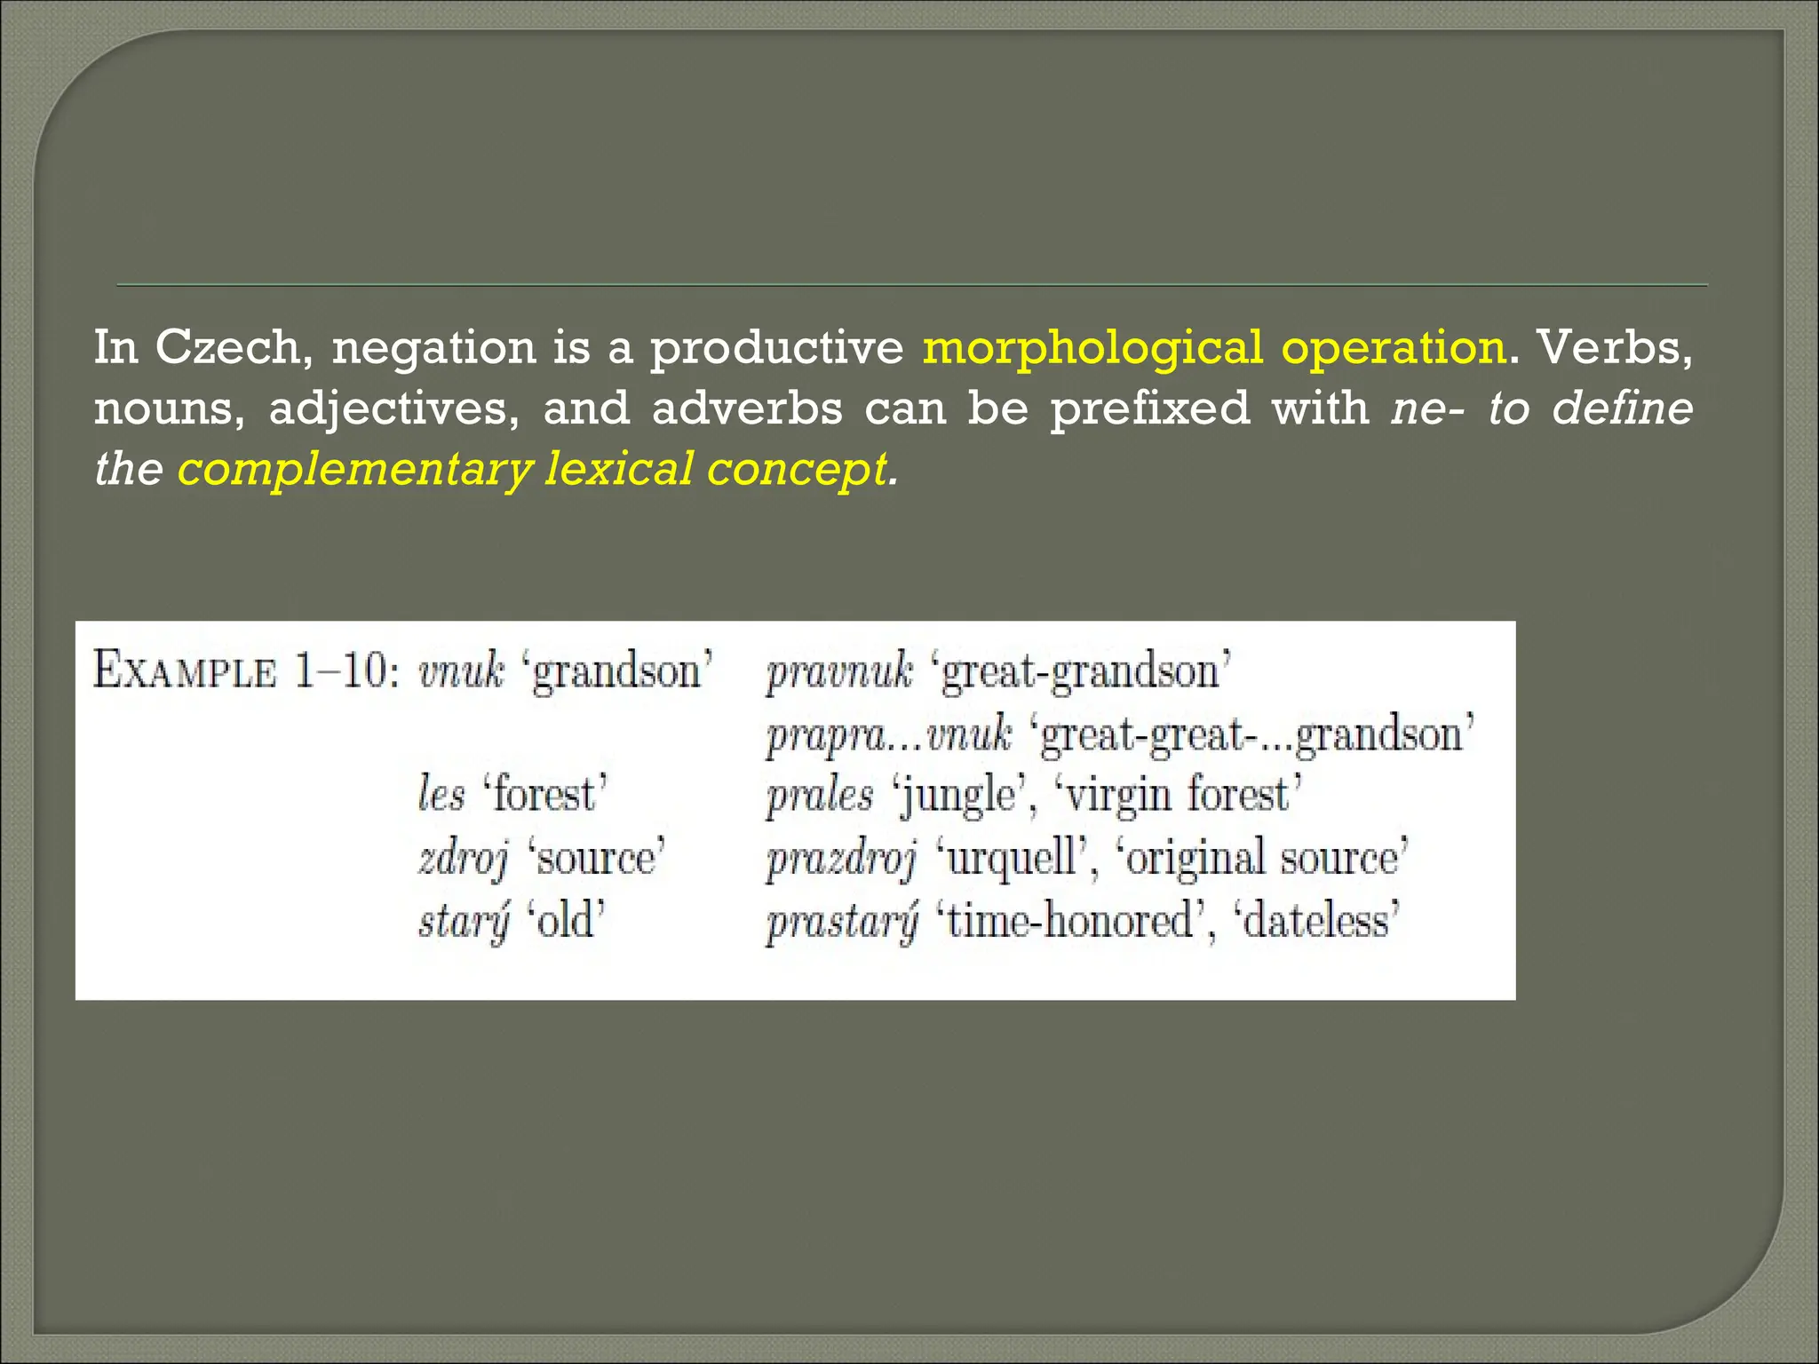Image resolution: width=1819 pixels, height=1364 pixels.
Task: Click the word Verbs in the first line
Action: point(1614,347)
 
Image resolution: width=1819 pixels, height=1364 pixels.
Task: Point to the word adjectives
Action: point(394,409)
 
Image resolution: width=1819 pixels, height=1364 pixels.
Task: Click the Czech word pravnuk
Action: point(839,670)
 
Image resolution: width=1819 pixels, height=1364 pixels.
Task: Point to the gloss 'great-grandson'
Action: point(1080,670)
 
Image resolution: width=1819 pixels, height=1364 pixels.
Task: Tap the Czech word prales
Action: point(820,794)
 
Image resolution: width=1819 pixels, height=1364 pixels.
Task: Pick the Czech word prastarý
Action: point(842,921)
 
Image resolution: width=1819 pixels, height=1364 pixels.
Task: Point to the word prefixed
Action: point(1150,409)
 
